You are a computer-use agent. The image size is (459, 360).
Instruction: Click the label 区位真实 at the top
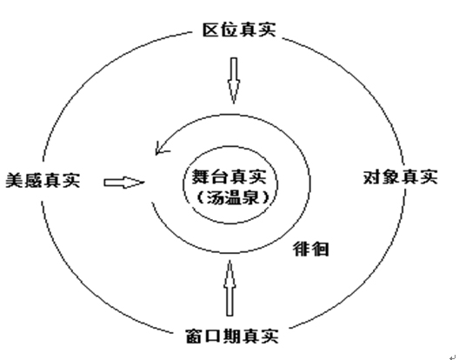(239, 30)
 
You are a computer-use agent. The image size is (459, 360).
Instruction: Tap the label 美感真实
(43, 180)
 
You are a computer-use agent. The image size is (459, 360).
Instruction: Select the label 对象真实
(401, 177)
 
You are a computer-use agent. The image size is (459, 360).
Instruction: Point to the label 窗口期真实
(232, 336)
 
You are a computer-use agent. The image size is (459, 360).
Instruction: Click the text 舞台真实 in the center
(229, 177)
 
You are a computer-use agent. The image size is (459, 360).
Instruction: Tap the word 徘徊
(311, 250)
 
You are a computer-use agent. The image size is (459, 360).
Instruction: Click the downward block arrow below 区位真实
(234, 81)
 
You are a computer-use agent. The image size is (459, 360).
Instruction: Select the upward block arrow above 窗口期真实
(229, 288)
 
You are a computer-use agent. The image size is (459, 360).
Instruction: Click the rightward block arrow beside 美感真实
(124, 183)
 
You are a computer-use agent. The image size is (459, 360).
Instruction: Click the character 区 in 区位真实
(211, 30)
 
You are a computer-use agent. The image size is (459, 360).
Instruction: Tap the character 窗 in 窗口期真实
(195, 336)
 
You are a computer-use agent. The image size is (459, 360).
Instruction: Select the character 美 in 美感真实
(15, 180)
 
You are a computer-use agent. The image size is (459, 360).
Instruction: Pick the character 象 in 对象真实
(391, 177)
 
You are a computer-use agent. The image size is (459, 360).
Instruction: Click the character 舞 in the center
(201, 177)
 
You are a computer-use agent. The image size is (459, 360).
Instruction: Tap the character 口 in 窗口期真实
(213, 336)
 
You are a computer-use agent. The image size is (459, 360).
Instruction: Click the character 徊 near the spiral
(320, 250)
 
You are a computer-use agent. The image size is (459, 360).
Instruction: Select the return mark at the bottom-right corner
(454, 357)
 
